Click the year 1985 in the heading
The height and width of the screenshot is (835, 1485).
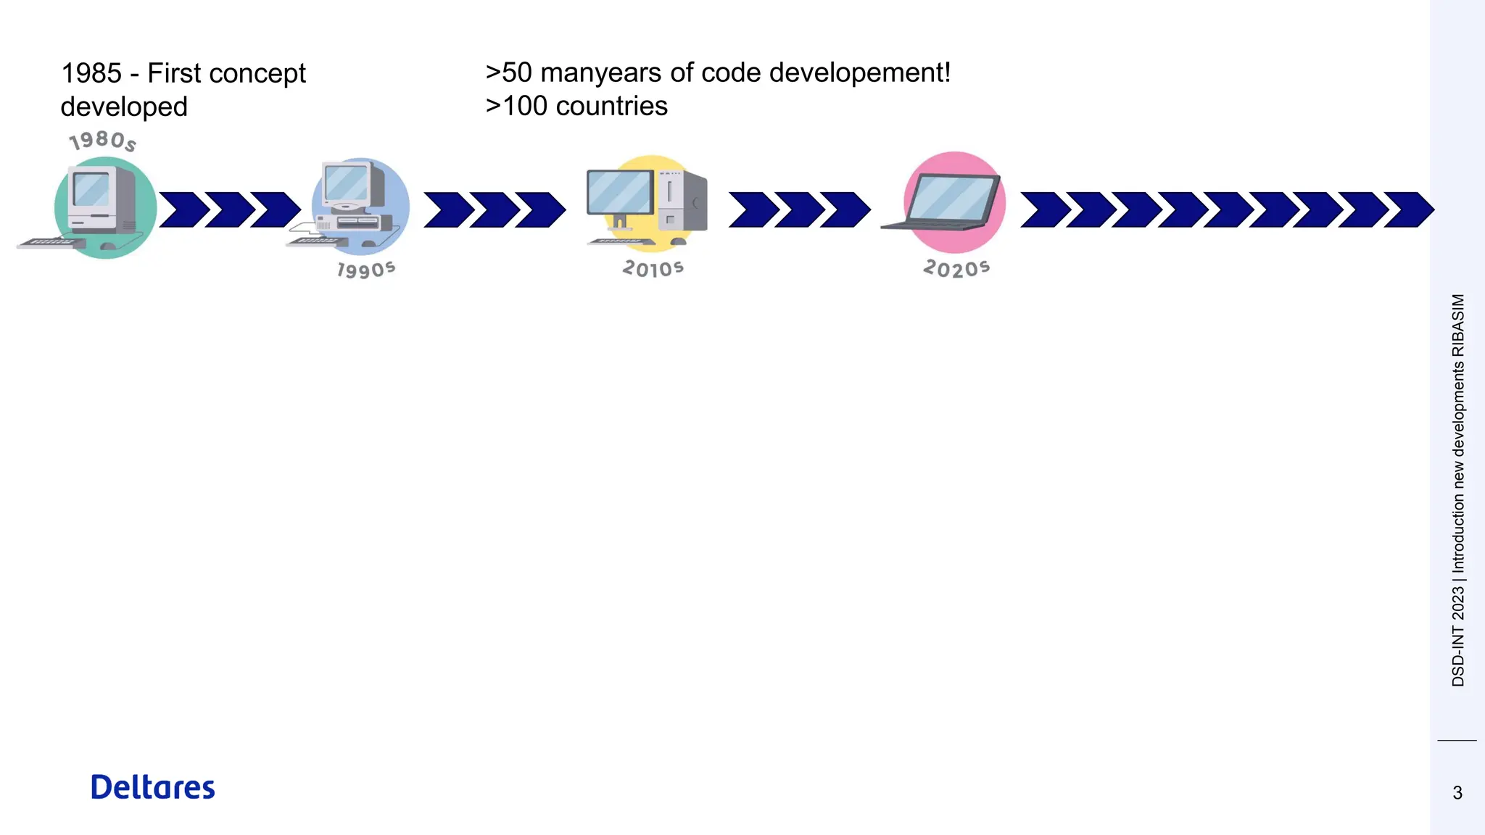click(x=91, y=73)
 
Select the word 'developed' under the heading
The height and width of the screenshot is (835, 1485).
click(x=124, y=107)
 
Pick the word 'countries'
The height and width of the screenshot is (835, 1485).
click(x=611, y=106)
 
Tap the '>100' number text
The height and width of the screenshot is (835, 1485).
click(x=516, y=106)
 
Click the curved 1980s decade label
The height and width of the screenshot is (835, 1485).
click(x=102, y=140)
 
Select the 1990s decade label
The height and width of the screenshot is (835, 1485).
click(x=366, y=270)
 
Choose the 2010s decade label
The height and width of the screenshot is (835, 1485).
click(x=653, y=269)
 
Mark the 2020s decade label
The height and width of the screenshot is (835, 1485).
click(x=956, y=269)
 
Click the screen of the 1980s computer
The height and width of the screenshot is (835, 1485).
click(x=92, y=190)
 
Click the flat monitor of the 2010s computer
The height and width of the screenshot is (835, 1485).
click(x=620, y=192)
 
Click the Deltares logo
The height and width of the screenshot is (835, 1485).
click(x=152, y=787)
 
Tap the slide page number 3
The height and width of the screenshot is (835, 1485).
click(x=1457, y=793)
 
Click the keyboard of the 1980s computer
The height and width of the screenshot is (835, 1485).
click(x=49, y=244)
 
